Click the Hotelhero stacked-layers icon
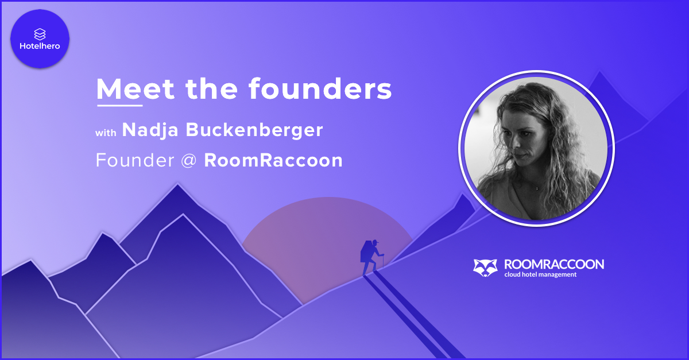click(x=40, y=34)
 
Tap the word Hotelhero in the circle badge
click(x=40, y=46)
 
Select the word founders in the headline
click(x=320, y=88)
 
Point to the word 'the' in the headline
click(x=212, y=88)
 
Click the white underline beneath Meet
click(x=120, y=106)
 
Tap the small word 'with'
click(x=106, y=133)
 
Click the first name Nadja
click(x=150, y=130)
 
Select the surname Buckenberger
click(x=254, y=130)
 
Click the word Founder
click(x=135, y=160)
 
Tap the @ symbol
click(x=189, y=161)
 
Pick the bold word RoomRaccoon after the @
click(x=273, y=160)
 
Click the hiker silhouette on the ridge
click(x=372, y=257)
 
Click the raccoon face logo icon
click(x=485, y=268)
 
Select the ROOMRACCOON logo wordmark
click(x=554, y=265)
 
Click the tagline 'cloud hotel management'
click(x=540, y=274)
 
